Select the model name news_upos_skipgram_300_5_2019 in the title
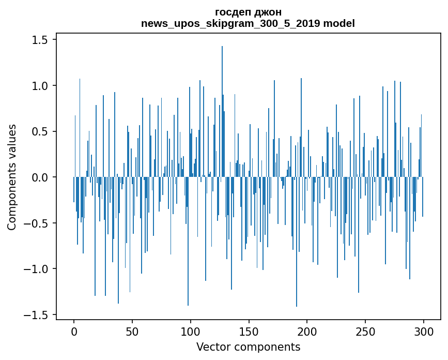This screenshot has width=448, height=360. (234, 24)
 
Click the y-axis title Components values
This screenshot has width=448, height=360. (12, 177)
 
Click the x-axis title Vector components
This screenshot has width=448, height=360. (248, 347)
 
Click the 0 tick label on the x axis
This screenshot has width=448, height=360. (74, 331)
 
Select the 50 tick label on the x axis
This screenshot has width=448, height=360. (132, 331)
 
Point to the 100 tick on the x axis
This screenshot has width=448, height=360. (191, 331)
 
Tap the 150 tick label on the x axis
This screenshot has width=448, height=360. (249, 331)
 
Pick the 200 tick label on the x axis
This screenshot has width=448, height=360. (307, 331)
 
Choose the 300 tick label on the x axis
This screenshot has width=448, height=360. (424, 331)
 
